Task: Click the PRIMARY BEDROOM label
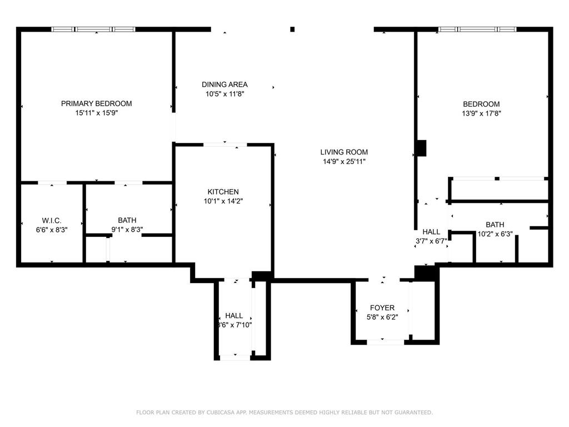click(x=96, y=103)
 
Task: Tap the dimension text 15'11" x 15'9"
click(x=96, y=113)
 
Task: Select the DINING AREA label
click(x=224, y=85)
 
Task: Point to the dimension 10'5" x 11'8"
click(x=224, y=94)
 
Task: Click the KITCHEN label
click(x=223, y=192)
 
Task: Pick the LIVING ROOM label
click(x=344, y=152)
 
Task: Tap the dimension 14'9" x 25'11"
click(x=344, y=162)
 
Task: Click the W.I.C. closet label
click(x=52, y=220)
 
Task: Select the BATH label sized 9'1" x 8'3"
click(x=127, y=220)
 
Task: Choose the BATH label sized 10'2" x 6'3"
click(x=495, y=225)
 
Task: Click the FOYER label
click(x=382, y=307)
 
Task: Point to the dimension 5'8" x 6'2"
click(x=382, y=317)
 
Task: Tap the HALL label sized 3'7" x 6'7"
click(x=431, y=232)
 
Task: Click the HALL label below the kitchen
click(x=234, y=316)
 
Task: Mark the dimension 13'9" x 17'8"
click(x=481, y=113)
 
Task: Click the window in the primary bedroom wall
click(x=93, y=29)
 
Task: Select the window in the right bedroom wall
click(x=477, y=29)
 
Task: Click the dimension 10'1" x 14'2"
click(x=223, y=201)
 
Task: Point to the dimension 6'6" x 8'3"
click(x=52, y=230)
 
